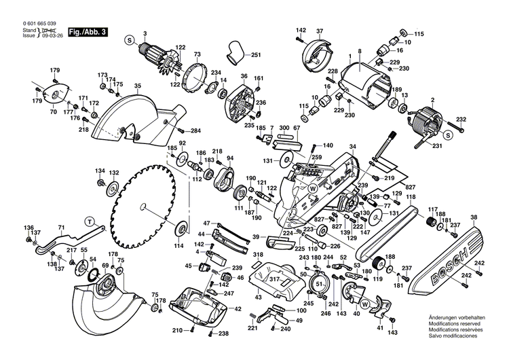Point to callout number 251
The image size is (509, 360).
(256, 54)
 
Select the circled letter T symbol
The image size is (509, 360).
(89, 219)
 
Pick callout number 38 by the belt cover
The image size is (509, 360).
(473, 217)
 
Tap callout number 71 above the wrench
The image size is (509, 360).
(60, 228)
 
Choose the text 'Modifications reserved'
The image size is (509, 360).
(454, 324)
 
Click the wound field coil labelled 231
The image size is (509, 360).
(424, 125)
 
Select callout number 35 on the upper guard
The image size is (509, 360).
(137, 86)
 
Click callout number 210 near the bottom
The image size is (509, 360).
(177, 330)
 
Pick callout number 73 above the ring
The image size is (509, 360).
(197, 54)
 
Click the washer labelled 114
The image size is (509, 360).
(183, 227)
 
